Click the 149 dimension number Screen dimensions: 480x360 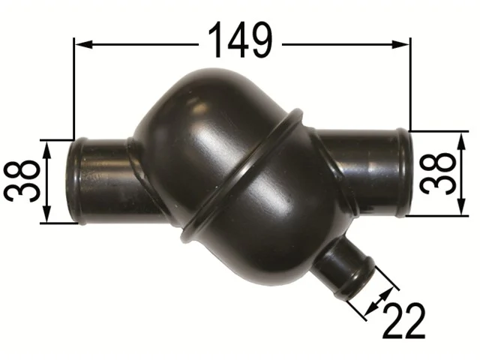(x=240, y=40)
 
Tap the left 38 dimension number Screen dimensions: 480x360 (x=22, y=181)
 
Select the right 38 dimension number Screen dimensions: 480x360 (x=438, y=173)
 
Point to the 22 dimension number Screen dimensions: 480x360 (x=404, y=321)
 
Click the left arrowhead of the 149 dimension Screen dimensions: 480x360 (x=83, y=45)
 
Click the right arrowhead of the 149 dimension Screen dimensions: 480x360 (x=400, y=45)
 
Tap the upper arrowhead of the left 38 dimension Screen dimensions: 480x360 (x=46, y=149)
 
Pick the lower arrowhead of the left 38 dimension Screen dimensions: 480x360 (x=46, y=214)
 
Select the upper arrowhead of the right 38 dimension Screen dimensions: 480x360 (x=462, y=142)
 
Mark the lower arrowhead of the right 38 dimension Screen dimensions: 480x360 (x=462, y=206)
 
